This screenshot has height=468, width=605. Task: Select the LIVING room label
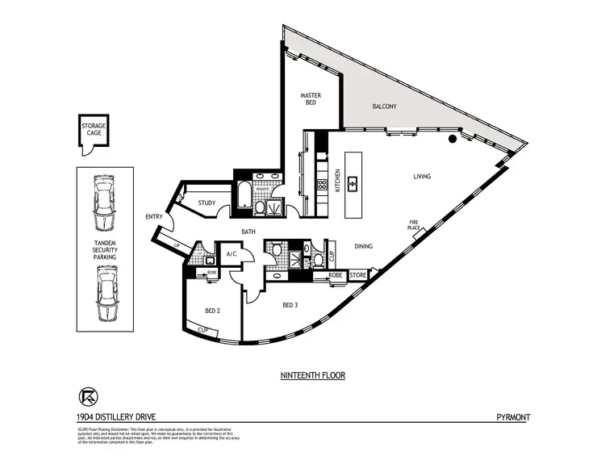pyautogui.click(x=422, y=176)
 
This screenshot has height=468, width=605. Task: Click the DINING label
pyautogui.click(x=363, y=247)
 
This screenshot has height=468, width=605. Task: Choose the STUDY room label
pyautogui.click(x=207, y=203)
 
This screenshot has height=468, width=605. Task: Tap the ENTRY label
pyautogui.click(x=154, y=216)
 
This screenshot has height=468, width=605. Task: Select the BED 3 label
pyautogui.click(x=290, y=305)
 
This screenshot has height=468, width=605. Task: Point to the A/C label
pyautogui.click(x=231, y=254)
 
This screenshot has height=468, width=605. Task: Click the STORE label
pyautogui.click(x=357, y=275)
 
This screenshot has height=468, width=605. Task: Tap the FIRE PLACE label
pyautogui.click(x=415, y=225)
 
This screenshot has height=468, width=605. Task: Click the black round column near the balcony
pyautogui.click(x=453, y=139)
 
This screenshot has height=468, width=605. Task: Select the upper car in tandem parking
pyautogui.click(x=104, y=201)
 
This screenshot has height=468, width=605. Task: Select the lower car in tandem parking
pyautogui.click(x=104, y=294)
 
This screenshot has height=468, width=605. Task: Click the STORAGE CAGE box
pyautogui.click(x=93, y=132)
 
